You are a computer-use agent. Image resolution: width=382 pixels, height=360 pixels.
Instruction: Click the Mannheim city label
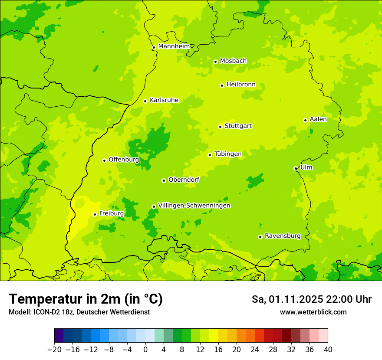click(x=174, y=46)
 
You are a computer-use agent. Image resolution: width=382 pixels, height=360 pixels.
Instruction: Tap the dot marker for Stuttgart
click(x=220, y=127)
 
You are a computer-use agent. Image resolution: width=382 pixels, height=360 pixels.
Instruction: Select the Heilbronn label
click(x=241, y=85)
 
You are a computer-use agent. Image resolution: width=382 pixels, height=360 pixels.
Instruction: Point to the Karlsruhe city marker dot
click(x=145, y=101)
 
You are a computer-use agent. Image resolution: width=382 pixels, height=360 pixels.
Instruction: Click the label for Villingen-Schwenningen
click(x=194, y=206)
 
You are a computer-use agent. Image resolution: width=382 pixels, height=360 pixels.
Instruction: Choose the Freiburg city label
click(x=111, y=213)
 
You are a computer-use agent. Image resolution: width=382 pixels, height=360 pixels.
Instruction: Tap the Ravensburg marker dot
click(x=260, y=237)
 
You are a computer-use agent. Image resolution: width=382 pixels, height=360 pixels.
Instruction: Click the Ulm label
click(x=306, y=167)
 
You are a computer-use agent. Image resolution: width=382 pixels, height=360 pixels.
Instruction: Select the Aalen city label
click(x=318, y=119)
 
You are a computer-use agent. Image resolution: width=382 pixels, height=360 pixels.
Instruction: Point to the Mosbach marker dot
click(x=215, y=62)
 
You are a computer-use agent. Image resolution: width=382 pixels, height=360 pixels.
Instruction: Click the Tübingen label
click(x=228, y=154)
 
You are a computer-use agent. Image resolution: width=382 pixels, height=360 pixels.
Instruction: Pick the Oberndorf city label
click(x=184, y=180)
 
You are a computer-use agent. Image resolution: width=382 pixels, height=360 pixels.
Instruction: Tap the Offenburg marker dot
click(x=104, y=160)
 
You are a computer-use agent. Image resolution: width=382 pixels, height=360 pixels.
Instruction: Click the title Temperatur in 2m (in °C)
click(x=86, y=299)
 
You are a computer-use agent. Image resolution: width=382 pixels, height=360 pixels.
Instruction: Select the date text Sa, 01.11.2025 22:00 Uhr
click(x=311, y=299)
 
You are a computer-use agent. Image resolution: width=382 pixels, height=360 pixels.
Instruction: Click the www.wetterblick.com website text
click(x=313, y=312)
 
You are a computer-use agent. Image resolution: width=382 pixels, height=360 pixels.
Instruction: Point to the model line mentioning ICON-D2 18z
click(x=79, y=312)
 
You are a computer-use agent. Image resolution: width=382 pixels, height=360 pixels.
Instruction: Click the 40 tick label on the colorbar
click(x=328, y=349)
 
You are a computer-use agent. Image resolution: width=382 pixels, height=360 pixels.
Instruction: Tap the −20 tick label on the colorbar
click(x=54, y=349)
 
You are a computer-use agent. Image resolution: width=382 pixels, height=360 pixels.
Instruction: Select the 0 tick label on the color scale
click(x=145, y=349)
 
